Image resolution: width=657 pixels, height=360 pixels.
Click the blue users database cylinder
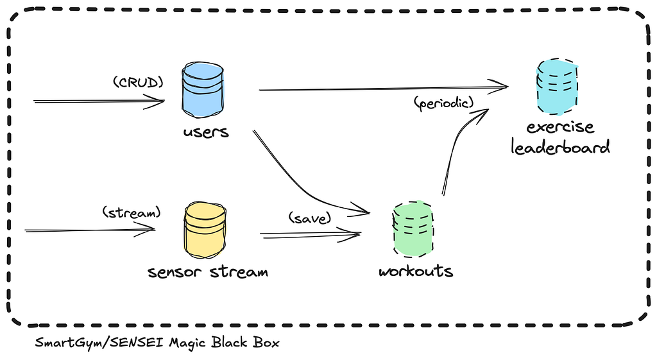(203, 90)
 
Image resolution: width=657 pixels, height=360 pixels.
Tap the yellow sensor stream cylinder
(205, 230)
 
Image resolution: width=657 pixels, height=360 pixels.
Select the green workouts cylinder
(413, 229)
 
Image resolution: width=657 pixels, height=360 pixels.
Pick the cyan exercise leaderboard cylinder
(558, 87)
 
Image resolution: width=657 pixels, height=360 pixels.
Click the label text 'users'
(206, 132)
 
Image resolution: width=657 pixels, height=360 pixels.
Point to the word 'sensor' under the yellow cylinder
(175, 272)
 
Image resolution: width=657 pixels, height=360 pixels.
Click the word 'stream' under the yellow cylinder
(239, 271)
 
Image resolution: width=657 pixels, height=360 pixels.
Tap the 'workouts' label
(416, 271)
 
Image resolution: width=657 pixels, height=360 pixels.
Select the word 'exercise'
(560, 126)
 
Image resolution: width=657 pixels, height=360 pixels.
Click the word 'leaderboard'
(560, 147)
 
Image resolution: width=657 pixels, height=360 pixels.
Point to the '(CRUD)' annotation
(139, 82)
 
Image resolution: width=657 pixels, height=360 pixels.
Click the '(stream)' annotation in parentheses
(132, 212)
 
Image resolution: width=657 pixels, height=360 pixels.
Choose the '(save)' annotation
(310, 218)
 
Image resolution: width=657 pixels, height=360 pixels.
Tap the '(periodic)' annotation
(444, 103)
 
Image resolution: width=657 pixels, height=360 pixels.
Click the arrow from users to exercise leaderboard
(384, 89)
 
